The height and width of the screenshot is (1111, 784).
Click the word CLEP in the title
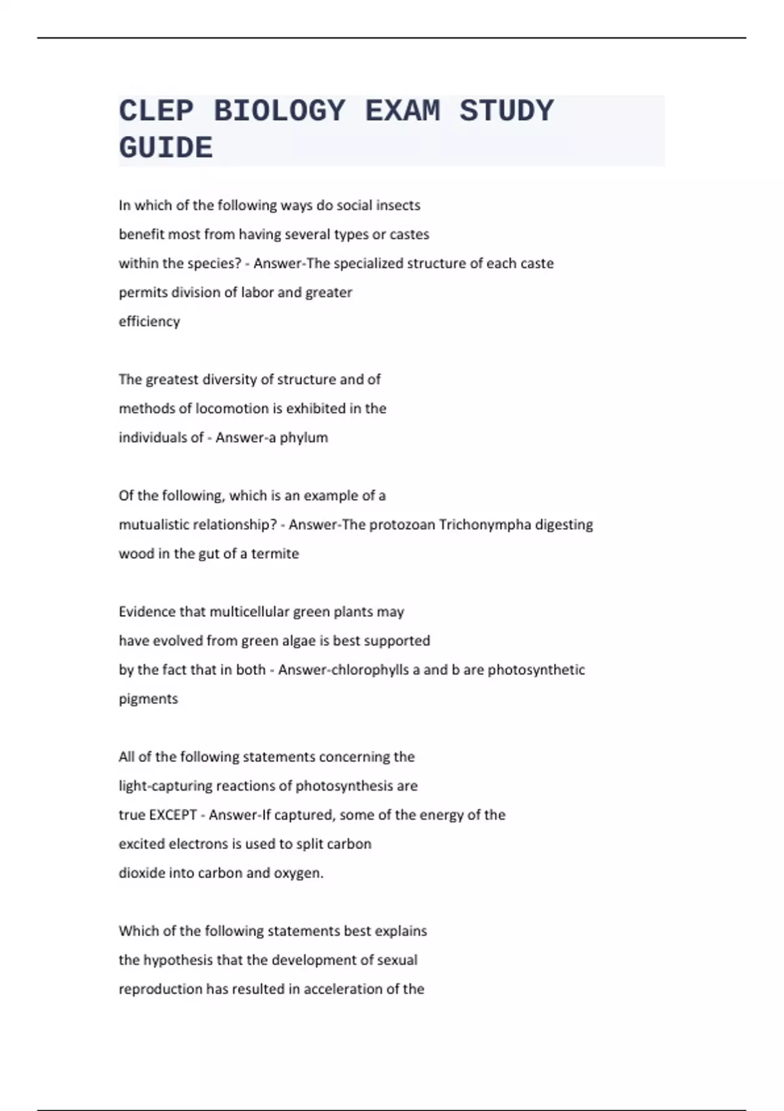156,111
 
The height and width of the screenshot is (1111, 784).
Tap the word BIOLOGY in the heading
280,111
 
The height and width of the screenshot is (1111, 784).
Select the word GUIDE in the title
166,148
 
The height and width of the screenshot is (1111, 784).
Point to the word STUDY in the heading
506,111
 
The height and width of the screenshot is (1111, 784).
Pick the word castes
409,234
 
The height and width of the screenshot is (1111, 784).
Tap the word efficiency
149,321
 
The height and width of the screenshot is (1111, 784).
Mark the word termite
275,554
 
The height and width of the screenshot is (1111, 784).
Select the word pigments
148,699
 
